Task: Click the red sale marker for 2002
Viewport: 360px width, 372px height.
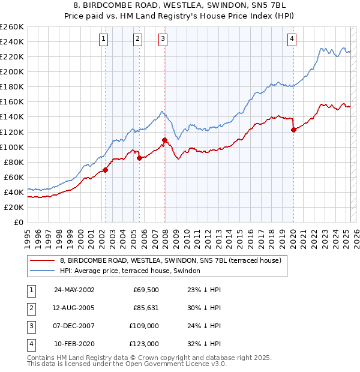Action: (x=105, y=170)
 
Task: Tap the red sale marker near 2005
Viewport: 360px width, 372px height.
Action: (x=139, y=158)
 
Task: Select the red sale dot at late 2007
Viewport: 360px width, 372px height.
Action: (x=164, y=140)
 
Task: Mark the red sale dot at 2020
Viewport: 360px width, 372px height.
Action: (x=293, y=130)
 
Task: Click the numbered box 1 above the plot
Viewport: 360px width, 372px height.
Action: (x=104, y=39)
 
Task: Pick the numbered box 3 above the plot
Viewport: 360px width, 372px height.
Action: (x=163, y=39)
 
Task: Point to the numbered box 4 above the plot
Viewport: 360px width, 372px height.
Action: (x=292, y=39)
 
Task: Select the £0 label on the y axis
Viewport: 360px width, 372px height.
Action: (x=18, y=223)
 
